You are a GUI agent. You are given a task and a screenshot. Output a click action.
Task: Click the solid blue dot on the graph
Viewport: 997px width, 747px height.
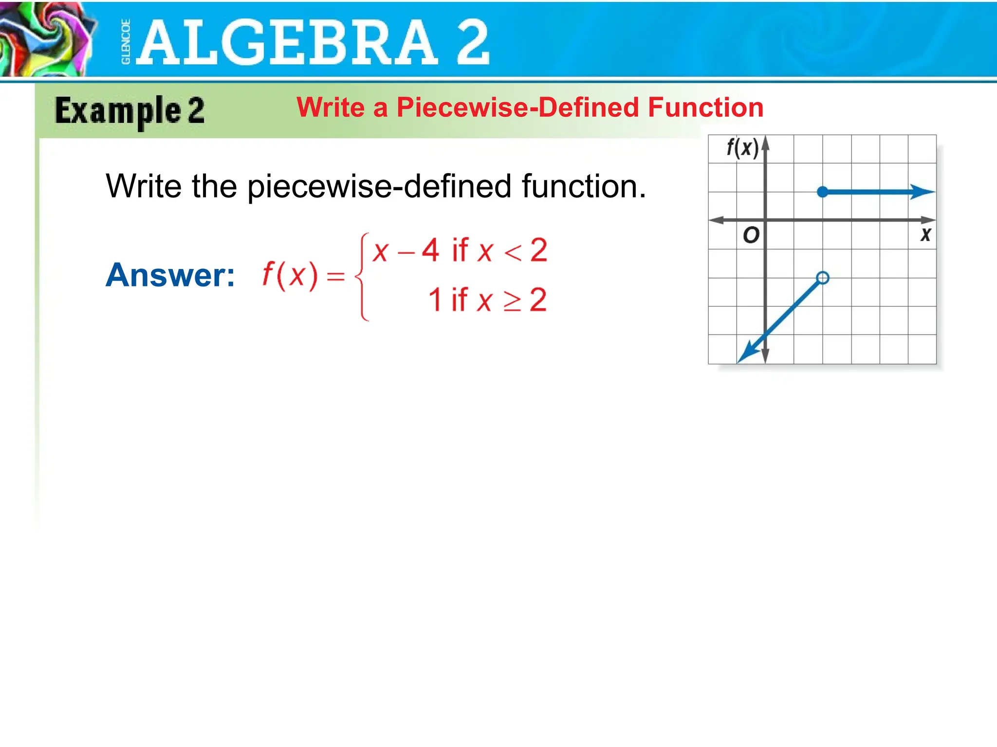pos(822,192)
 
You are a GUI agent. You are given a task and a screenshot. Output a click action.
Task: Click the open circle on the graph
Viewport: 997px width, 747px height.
pos(822,278)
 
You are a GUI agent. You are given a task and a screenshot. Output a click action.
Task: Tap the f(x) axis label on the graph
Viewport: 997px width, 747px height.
pos(742,148)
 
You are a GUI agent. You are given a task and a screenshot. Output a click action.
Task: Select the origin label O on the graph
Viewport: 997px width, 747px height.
pos(751,235)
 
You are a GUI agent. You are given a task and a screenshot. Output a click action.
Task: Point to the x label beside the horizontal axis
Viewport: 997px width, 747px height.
pos(925,235)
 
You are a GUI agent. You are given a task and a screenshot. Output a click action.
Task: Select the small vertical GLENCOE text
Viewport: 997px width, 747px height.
pos(126,42)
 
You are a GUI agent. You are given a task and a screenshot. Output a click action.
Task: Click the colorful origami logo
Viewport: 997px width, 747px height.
pos(46,39)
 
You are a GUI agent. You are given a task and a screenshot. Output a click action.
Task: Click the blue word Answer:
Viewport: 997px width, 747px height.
pos(170,275)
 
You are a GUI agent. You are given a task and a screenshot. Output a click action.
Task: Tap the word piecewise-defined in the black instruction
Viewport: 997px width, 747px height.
pos(379,187)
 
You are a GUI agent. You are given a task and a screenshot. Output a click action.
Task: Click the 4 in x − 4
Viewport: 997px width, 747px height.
pos(430,250)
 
